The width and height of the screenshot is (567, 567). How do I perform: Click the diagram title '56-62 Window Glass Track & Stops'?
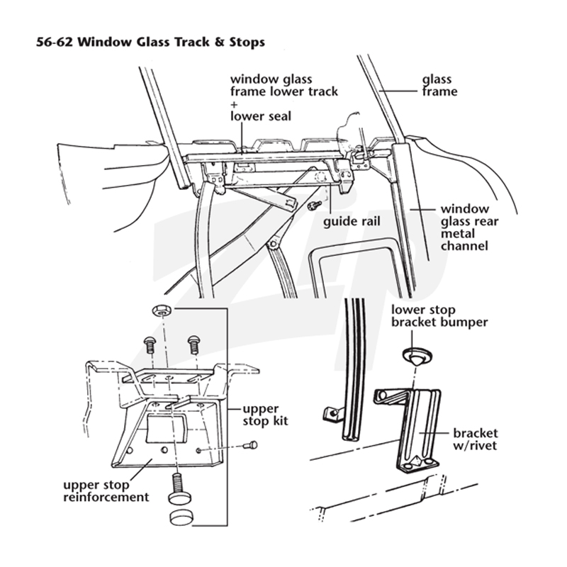[150, 42]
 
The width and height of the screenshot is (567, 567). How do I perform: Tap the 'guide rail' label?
[352, 221]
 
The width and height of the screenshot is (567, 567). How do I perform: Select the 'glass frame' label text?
[439, 85]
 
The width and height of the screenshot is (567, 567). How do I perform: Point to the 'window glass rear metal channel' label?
[469, 228]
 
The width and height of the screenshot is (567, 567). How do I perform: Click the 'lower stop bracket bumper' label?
[439, 315]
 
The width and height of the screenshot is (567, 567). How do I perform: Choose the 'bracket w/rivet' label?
[475, 439]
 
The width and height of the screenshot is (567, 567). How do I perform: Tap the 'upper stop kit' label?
[265, 415]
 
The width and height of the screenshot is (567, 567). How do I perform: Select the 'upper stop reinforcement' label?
[106, 490]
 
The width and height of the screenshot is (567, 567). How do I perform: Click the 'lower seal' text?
[261, 116]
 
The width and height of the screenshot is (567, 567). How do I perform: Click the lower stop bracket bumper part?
[415, 357]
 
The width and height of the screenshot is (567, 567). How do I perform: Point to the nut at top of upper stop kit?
[162, 310]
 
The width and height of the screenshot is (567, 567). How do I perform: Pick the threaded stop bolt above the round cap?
[177, 488]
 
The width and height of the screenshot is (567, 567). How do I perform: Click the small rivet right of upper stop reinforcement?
[251, 445]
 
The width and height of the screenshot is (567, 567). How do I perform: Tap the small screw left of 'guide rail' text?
[314, 206]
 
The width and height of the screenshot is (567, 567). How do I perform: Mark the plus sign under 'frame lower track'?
[234, 104]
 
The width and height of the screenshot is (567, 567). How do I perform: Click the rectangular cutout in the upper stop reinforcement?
[167, 430]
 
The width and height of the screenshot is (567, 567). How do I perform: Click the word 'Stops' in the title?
[247, 43]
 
